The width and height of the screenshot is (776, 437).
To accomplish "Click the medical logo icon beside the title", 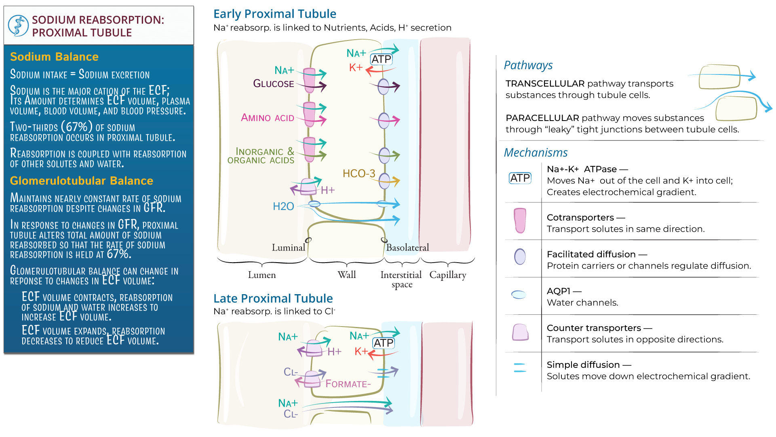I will (x=18, y=26).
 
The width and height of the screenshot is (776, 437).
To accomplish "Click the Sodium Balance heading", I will (x=54, y=57).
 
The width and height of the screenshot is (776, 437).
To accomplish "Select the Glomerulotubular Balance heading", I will (x=81, y=180).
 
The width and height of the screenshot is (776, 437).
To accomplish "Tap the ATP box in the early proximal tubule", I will (x=381, y=59).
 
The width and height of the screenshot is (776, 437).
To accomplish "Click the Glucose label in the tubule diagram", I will (x=274, y=84).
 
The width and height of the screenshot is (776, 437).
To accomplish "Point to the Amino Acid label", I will (x=268, y=118).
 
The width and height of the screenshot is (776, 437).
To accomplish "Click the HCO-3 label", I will (x=359, y=174).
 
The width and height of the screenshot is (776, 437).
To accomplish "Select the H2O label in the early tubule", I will (x=283, y=206).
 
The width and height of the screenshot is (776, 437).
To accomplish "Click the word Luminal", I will (x=288, y=248).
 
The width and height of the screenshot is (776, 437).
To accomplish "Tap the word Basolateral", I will (x=407, y=248).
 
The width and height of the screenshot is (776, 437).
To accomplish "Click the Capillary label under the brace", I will (x=447, y=275).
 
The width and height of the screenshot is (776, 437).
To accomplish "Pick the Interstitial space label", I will (x=401, y=279).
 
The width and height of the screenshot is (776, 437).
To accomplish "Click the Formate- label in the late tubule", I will (x=348, y=384).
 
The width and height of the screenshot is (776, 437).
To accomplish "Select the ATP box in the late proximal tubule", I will (x=383, y=343).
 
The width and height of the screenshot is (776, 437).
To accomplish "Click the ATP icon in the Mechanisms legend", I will (x=520, y=178).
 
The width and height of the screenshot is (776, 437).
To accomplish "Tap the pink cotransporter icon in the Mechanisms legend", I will (x=520, y=221).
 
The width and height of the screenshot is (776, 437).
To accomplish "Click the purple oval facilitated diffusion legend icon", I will (x=520, y=257).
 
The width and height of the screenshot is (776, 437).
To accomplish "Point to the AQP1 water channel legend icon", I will (x=519, y=295).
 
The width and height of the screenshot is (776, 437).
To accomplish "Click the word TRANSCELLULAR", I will (x=545, y=84).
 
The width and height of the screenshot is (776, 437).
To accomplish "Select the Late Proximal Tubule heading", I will (x=273, y=299).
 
